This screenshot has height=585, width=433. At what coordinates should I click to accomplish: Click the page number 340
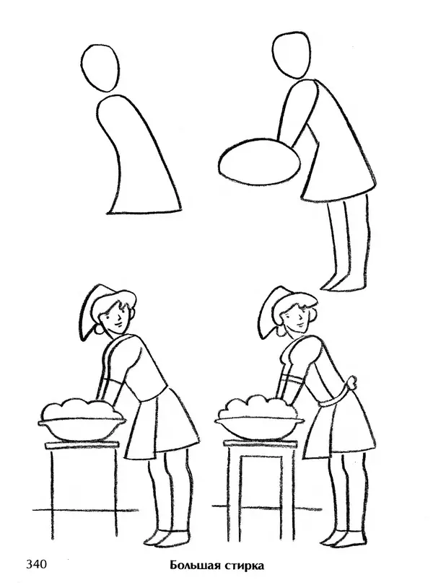(x=36, y=564)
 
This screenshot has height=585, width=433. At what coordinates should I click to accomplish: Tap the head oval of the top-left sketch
(x=100, y=68)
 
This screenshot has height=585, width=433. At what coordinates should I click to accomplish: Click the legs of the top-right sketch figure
(x=348, y=242)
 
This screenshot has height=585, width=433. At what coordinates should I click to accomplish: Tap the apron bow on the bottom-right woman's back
(x=352, y=382)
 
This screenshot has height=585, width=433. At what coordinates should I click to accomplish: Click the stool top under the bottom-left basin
(x=82, y=445)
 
